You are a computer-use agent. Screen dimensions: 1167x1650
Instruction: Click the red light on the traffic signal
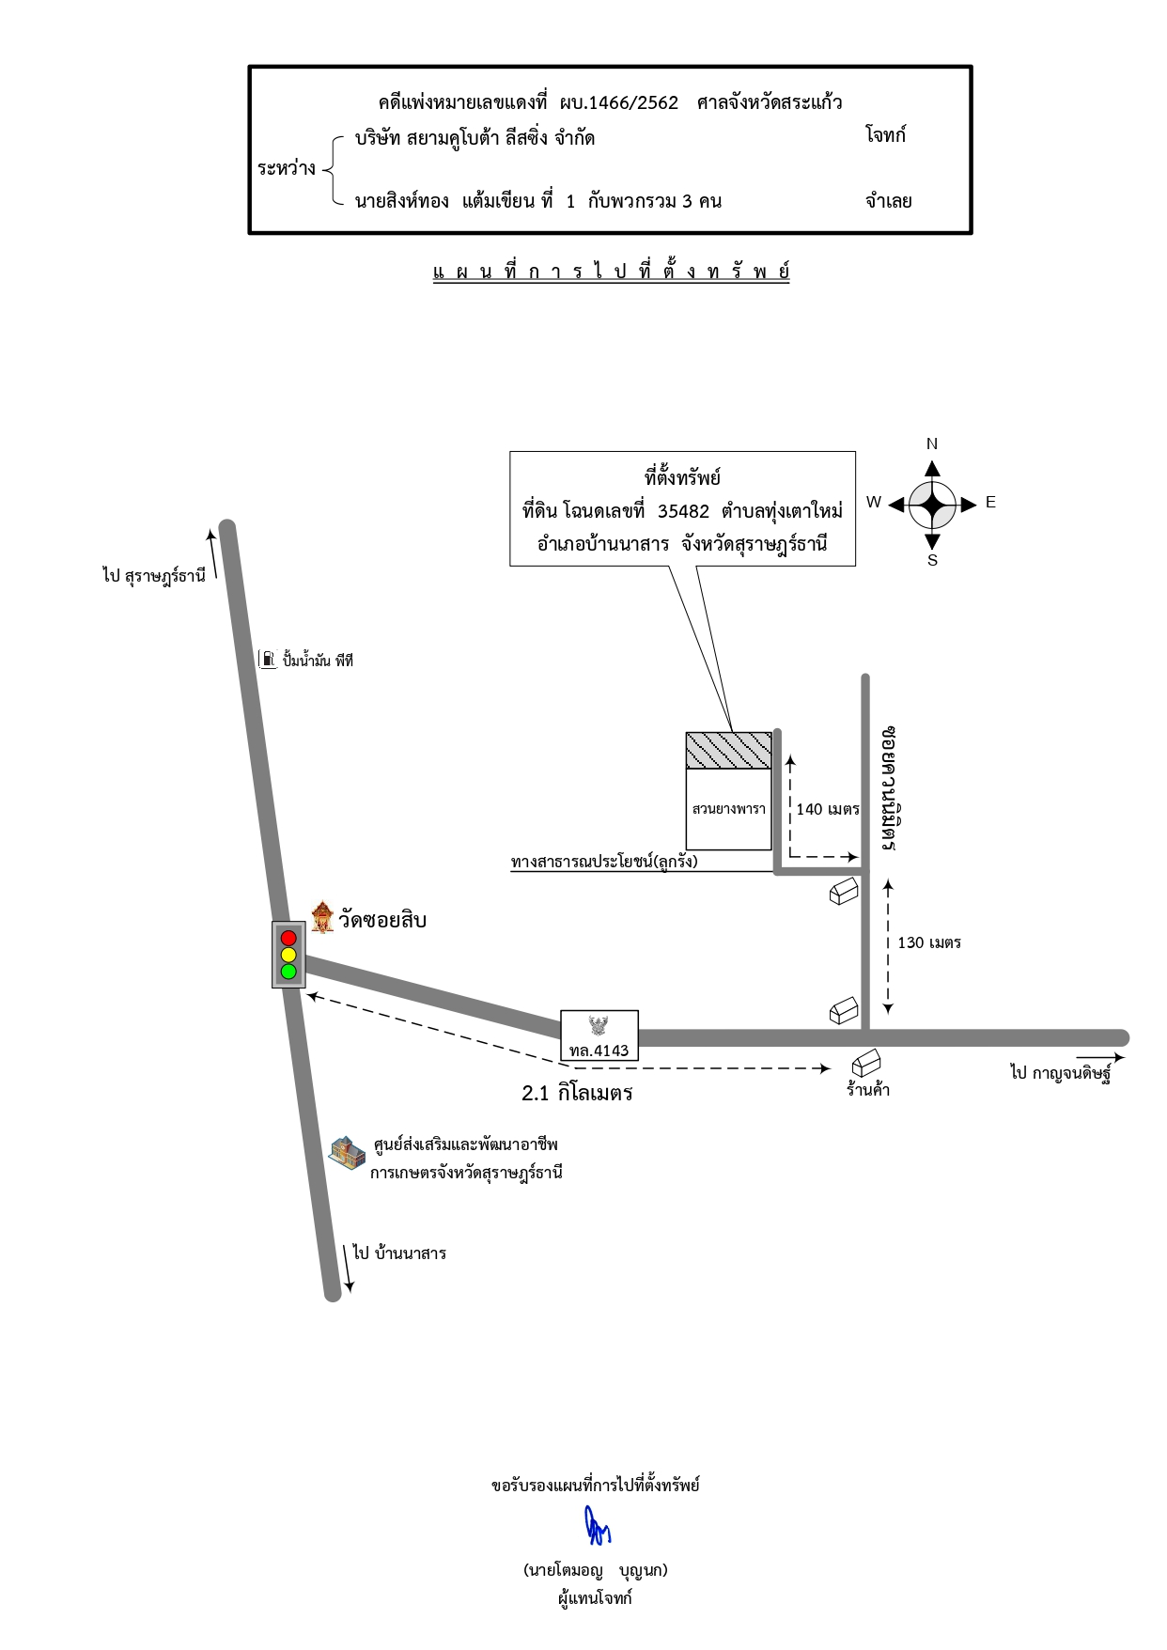tap(288, 938)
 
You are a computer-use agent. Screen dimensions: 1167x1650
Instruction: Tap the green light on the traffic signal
tap(288, 972)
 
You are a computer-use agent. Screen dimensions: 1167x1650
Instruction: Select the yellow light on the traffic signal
tap(288, 955)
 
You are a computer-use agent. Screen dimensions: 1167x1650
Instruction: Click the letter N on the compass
tap(932, 444)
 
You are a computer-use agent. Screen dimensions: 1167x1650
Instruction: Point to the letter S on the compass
tap(932, 560)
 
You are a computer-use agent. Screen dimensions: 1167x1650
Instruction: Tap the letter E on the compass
tap(990, 503)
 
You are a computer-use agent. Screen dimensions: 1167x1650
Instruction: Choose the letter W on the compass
tap(874, 503)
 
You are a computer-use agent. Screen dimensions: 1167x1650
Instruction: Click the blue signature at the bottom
tap(597, 1525)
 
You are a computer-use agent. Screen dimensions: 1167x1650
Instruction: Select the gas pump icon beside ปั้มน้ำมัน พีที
tap(268, 659)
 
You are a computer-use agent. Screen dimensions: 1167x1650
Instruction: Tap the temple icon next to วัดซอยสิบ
tap(322, 917)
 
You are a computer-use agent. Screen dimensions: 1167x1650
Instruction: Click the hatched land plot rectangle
tap(729, 751)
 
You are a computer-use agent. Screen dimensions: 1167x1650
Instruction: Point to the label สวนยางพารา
tap(729, 809)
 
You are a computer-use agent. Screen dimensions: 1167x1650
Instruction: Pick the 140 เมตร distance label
tap(828, 809)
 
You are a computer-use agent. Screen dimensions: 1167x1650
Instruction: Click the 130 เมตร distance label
tap(929, 942)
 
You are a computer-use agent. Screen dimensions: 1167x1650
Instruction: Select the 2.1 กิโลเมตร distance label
tap(577, 1093)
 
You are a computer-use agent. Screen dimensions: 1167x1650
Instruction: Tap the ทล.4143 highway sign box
tap(599, 1035)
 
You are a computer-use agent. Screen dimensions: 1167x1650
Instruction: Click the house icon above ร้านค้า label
tap(866, 1063)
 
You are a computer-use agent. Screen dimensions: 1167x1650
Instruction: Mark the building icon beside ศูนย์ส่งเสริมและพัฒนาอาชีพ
tap(347, 1153)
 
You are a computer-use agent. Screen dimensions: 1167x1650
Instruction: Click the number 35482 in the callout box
tap(683, 511)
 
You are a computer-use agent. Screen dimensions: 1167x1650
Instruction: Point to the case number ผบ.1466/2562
tap(618, 102)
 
